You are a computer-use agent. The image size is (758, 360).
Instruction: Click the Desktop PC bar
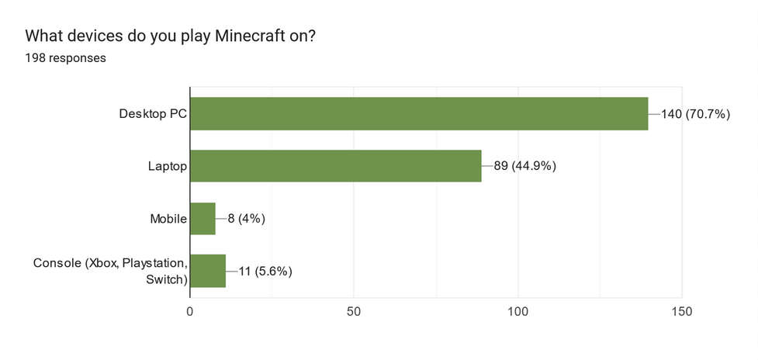[419, 114]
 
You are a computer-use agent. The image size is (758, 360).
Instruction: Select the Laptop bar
[335, 166]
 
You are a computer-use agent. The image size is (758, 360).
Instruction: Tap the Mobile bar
[202, 219]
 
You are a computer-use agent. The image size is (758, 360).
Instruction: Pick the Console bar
[208, 271]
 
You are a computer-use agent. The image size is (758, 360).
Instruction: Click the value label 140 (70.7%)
[696, 114]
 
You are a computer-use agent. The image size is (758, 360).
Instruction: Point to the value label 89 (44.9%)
[524, 166]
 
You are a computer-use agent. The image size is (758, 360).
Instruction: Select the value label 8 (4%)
[247, 219]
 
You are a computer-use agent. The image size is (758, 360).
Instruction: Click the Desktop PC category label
[153, 114]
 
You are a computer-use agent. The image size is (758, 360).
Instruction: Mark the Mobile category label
[168, 219]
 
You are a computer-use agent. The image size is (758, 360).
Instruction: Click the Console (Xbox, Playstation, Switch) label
[110, 271]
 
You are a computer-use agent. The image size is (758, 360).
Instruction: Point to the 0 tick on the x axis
[190, 312]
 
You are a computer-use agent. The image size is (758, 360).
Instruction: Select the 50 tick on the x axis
[354, 312]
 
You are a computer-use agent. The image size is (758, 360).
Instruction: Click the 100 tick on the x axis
[517, 312]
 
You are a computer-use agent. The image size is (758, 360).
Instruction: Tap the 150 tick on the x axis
[681, 312]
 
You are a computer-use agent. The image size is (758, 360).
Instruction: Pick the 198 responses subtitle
[65, 58]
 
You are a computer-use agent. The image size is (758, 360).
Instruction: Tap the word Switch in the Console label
[165, 279]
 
